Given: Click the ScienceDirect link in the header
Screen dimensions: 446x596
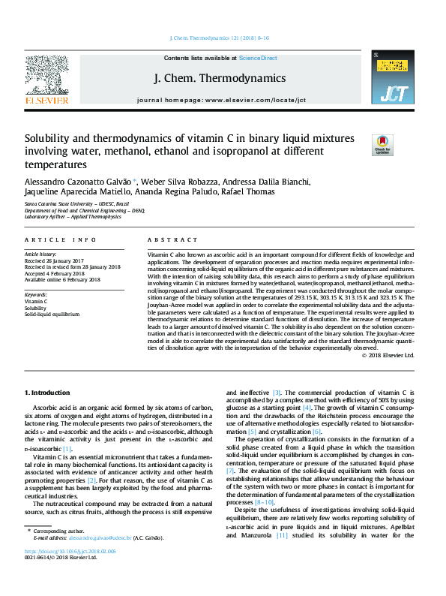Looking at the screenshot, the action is pos(258,58).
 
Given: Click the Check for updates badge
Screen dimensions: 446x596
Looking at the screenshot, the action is pos(383,144).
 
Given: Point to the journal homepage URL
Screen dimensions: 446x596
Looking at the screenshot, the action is pos(255,100).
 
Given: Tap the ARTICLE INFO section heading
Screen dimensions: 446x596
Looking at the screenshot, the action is pos(60,239).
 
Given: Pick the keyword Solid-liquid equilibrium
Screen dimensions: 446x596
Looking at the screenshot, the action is pos(52,315).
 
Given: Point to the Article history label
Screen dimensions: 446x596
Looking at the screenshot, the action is pos(43,254).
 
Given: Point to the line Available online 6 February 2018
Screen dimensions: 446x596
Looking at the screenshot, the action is pos(64,280).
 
